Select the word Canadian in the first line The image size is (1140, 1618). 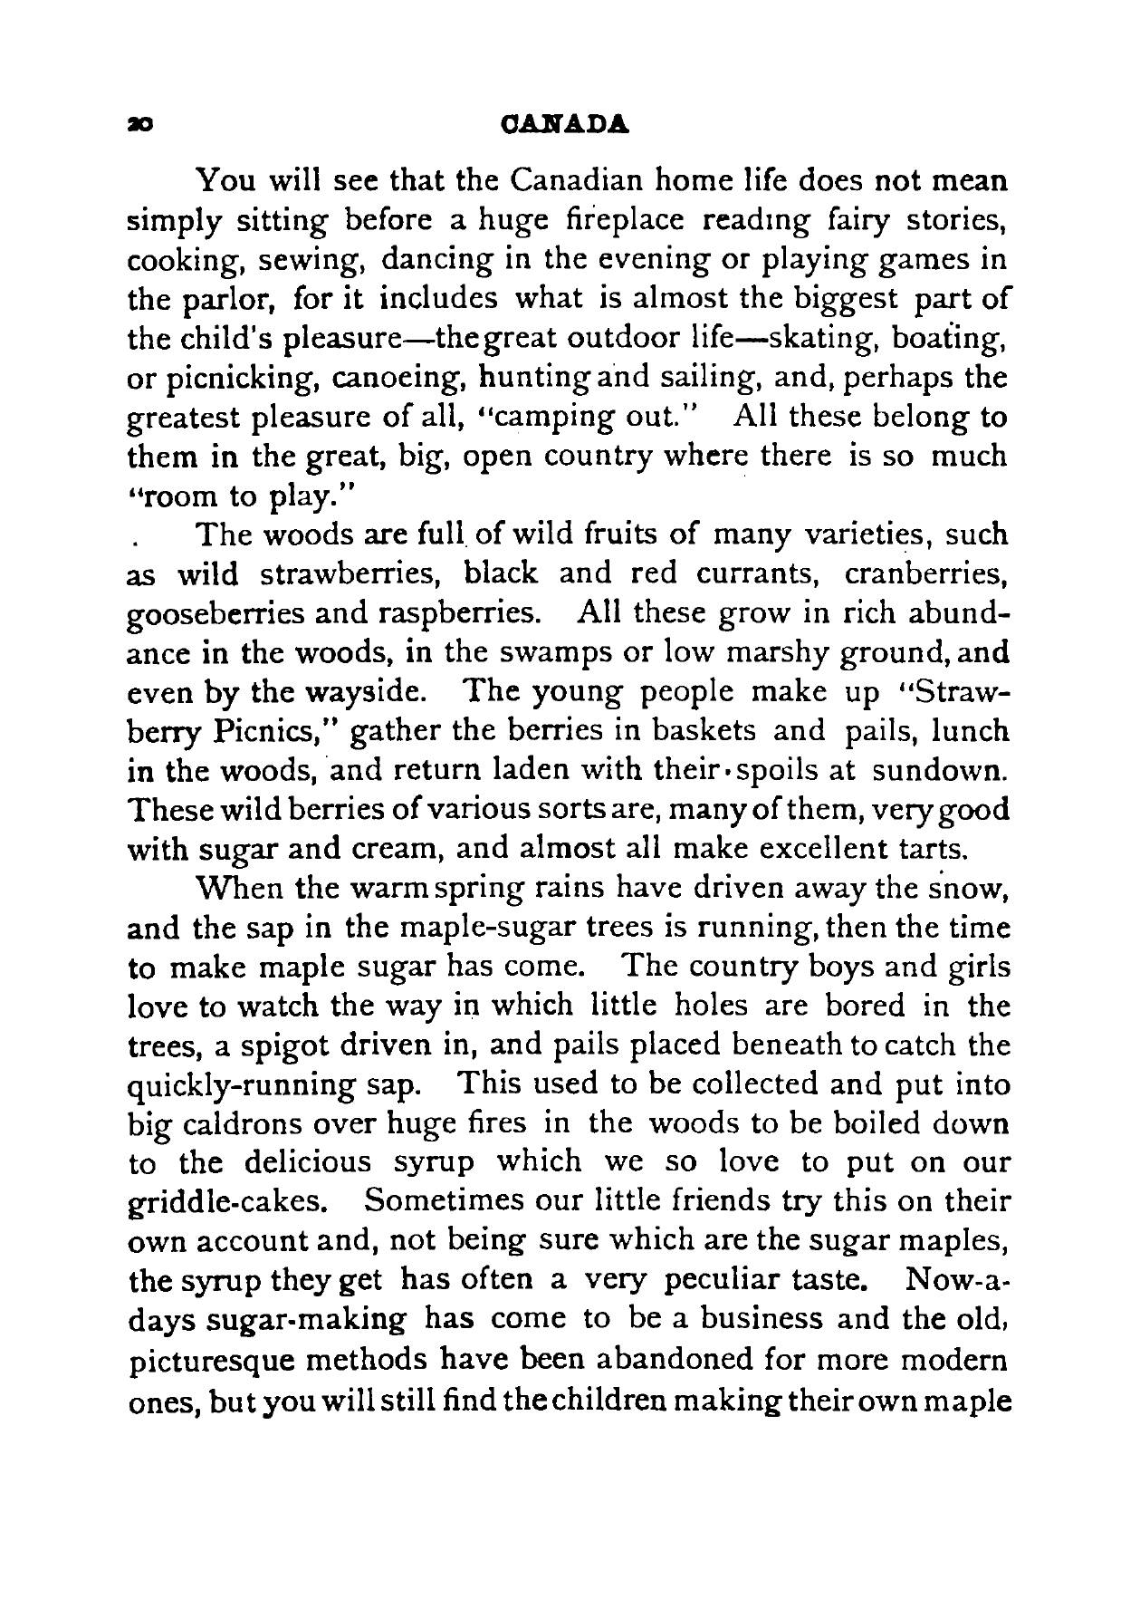(x=574, y=180)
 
